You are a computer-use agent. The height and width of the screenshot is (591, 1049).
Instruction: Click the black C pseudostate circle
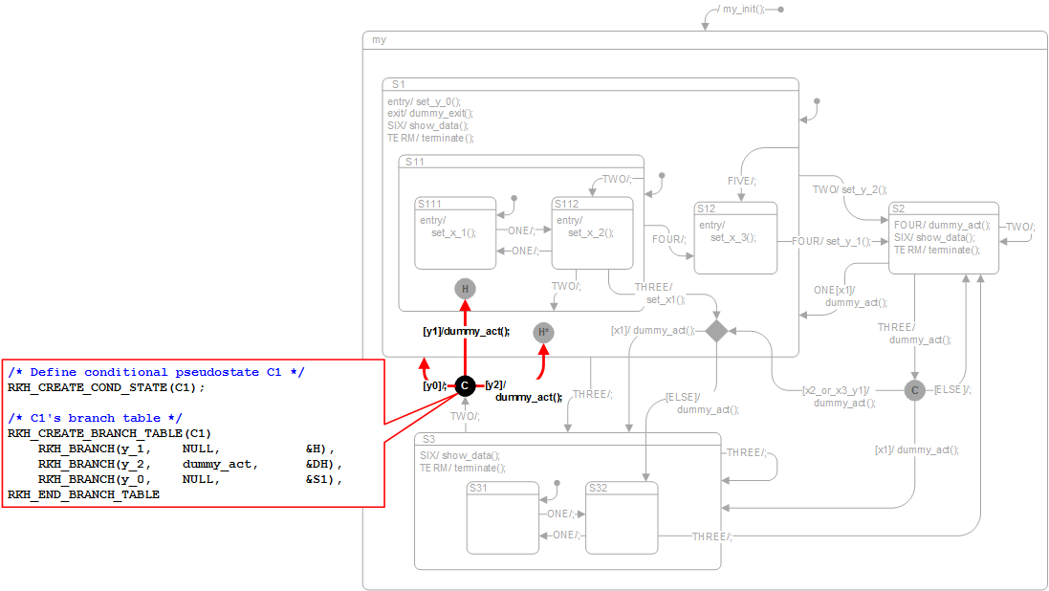[464, 385]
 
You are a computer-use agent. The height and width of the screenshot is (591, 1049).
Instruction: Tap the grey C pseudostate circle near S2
[915, 390]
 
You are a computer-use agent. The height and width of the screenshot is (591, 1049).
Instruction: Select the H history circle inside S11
[465, 289]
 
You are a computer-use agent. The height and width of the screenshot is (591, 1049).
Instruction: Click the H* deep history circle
[543, 333]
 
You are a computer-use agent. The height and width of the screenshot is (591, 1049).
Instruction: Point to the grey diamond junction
[716, 330]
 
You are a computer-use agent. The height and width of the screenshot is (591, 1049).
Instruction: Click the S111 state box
[455, 233]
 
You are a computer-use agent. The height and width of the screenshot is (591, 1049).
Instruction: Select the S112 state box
[593, 233]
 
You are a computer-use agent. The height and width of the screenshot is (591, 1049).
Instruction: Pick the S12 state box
[735, 238]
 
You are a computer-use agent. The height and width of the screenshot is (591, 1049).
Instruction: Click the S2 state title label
[898, 208]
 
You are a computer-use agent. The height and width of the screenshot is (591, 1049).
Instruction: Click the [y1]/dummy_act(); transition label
[467, 332]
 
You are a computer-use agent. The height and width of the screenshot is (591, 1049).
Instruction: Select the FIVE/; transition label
[741, 181]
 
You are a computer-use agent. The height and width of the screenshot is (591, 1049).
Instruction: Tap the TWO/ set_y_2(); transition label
[849, 189]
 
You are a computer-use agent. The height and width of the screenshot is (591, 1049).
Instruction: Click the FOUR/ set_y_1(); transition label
[831, 241]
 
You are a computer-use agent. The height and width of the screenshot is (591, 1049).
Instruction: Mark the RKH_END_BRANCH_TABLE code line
[83, 494]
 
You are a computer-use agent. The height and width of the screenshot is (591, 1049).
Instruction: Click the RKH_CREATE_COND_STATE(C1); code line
[106, 387]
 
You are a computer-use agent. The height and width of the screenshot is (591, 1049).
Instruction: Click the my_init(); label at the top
[743, 10]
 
